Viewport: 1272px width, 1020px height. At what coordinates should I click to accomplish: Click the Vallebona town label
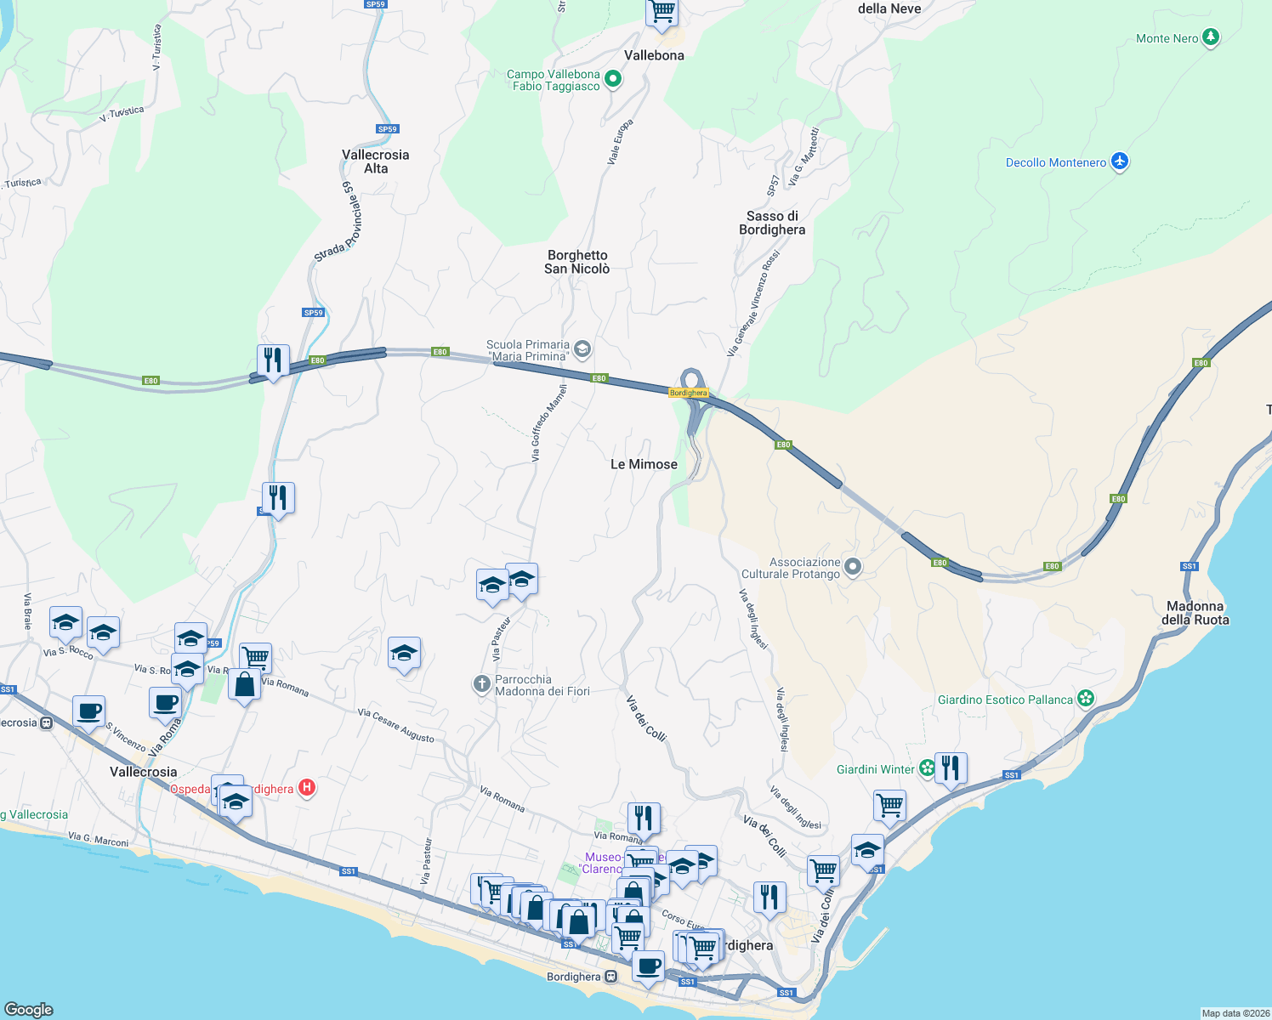pos(654,55)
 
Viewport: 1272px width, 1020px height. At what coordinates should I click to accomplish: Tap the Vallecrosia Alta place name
pos(375,161)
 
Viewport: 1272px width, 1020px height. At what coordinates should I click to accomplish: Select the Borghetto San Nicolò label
pos(577,262)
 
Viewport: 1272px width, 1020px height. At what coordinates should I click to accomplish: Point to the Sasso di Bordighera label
pos(772,223)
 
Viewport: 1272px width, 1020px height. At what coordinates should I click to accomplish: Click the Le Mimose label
pos(644,464)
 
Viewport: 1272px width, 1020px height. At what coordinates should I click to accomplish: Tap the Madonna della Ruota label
pos(1195,613)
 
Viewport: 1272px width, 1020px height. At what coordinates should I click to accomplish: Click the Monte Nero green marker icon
pos(1212,37)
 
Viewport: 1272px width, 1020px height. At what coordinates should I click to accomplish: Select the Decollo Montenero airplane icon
pos(1120,161)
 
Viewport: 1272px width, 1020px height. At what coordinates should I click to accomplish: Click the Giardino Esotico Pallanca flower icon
pos(1086,699)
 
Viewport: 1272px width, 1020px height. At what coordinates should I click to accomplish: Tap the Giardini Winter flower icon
pos(927,768)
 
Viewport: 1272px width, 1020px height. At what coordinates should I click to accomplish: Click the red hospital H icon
pos(307,789)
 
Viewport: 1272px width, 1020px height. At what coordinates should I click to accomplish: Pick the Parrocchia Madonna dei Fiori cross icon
pos(481,683)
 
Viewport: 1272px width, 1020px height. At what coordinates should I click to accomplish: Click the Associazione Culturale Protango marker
pos(854,567)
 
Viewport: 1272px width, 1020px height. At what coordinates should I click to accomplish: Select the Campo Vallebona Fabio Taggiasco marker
pos(612,80)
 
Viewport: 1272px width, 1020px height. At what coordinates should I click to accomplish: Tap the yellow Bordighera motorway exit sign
pos(688,393)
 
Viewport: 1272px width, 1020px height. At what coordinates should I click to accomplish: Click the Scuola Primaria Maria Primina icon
pos(582,348)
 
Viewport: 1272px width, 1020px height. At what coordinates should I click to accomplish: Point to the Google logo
pos(29,1009)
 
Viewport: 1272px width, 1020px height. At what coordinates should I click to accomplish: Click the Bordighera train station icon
pos(610,977)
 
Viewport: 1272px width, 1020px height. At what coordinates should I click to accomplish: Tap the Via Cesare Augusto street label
pos(396,725)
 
